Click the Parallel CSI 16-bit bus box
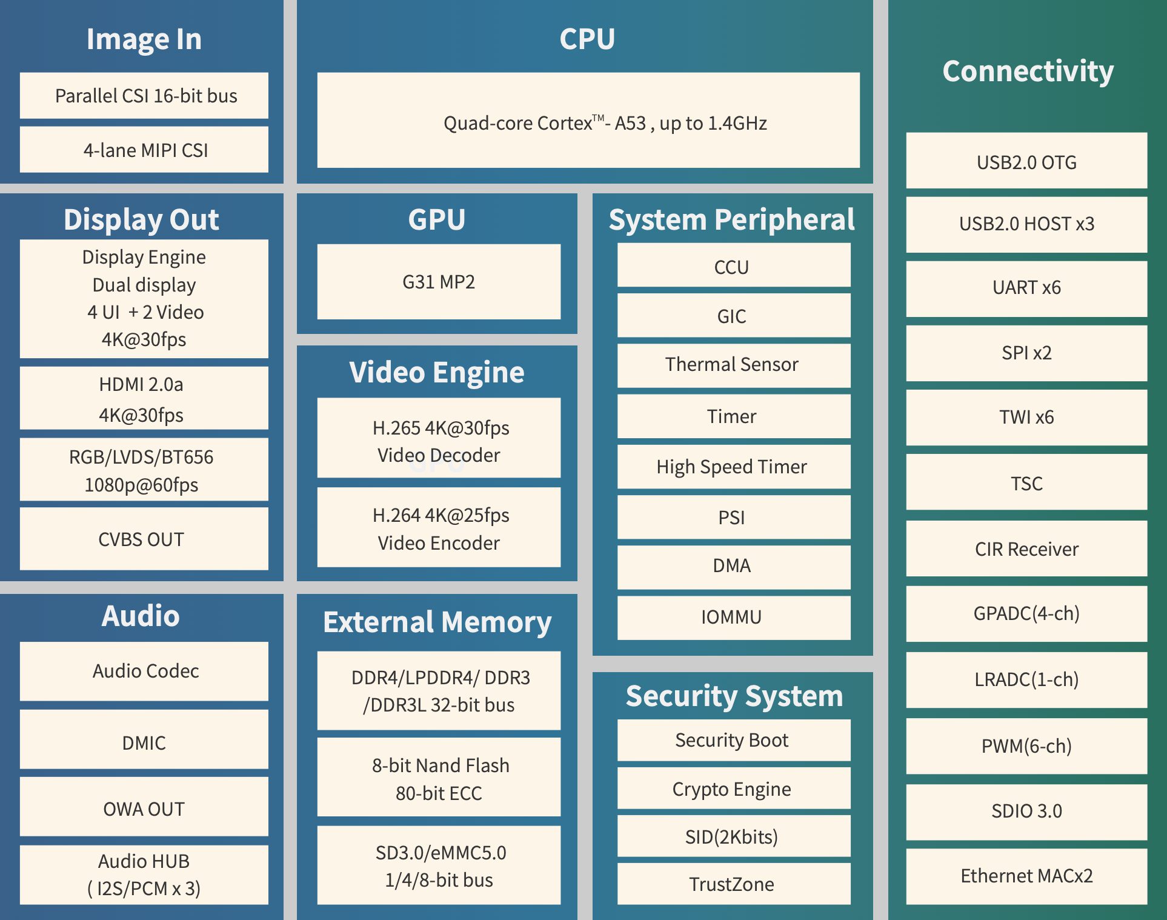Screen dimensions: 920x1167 [x=144, y=96]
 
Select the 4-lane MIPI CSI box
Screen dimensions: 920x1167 [x=144, y=150]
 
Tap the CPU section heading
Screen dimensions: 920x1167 [x=587, y=39]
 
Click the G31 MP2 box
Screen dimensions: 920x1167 [x=439, y=282]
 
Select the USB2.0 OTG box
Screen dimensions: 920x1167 [x=1026, y=162]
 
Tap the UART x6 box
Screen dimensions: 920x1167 [x=1026, y=288]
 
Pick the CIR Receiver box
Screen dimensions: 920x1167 [x=1026, y=549]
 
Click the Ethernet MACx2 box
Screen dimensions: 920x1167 [x=1026, y=876]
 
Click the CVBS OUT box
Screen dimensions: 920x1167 [x=144, y=539]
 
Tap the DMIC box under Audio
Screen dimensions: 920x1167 [x=144, y=742]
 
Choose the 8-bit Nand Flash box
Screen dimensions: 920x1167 [x=439, y=778]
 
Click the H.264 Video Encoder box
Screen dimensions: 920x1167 [x=439, y=528]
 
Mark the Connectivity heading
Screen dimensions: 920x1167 [x=1028, y=72]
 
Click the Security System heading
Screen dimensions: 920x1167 [x=734, y=696]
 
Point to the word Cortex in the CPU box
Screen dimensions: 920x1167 [x=565, y=124]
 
